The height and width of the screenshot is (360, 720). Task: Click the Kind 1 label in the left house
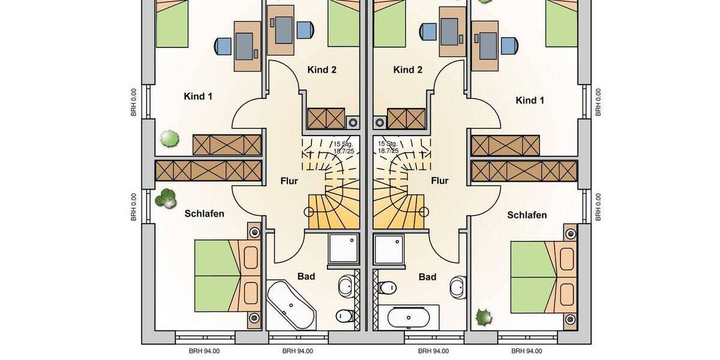[x=198, y=96]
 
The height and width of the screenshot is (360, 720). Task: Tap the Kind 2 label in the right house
[x=408, y=70]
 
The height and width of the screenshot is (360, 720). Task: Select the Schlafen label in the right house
[x=527, y=215]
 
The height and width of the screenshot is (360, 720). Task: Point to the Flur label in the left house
[x=289, y=181]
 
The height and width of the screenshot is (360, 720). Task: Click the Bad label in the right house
[x=427, y=277]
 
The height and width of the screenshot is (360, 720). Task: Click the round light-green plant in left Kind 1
[x=169, y=139]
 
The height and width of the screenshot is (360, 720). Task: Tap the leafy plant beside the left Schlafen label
[x=166, y=198]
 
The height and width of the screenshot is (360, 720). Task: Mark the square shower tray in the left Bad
[x=343, y=249]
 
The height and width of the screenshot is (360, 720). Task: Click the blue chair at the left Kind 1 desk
[x=223, y=46]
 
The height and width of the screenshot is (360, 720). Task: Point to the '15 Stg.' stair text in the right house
[x=388, y=144]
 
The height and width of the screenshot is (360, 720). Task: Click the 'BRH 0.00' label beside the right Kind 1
[x=598, y=102]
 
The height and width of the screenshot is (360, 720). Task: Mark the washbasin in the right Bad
[x=460, y=286]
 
